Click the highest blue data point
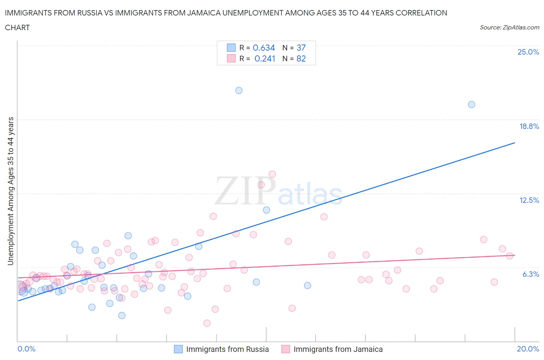pyautogui.click(x=239, y=91)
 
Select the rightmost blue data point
pyautogui.click(x=471, y=105)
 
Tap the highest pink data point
pyautogui.click(x=272, y=174)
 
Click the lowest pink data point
pyautogui.click(x=207, y=323)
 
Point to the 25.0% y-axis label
pyautogui.click(x=528, y=52)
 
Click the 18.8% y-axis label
pyautogui.click(x=529, y=126)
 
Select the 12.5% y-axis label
pyautogui.click(x=529, y=200)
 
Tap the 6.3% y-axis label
pyautogui.click(x=530, y=274)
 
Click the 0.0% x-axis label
pyautogui.click(x=27, y=349)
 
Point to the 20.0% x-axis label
pyautogui.click(x=528, y=349)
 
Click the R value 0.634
pyautogui.click(x=264, y=48)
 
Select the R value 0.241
pyautogui.click(x=265, y=58)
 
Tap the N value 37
pyautogui.click(x=301, y=48)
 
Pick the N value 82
pyautogui.click(x=301, y=58)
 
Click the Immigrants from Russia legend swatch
pyautogui.click(x=178, y=349)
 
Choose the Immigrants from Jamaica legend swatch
pyautogui.click(x=286, y=349)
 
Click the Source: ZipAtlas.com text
pyautogui.click(x=509, y=27)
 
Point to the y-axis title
pyautogui.click(x=11, y=191)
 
